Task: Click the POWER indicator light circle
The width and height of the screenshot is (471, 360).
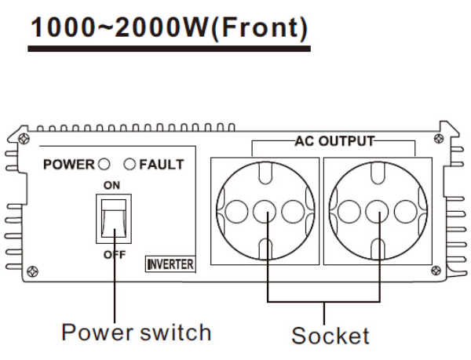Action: click(102, 165)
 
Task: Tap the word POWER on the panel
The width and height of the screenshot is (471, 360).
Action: click(68, 165)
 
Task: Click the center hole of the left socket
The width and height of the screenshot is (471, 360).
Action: click(265, 210)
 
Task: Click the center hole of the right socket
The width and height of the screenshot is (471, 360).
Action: click(378, 210)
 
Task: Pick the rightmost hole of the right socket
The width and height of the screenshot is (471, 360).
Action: click(407, 210)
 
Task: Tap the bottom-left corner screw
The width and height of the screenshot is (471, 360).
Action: click(31, 271)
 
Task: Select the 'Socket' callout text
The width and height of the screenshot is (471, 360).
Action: click(330, 336)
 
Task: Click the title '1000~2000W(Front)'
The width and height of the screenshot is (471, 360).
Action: click(169, 27)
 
